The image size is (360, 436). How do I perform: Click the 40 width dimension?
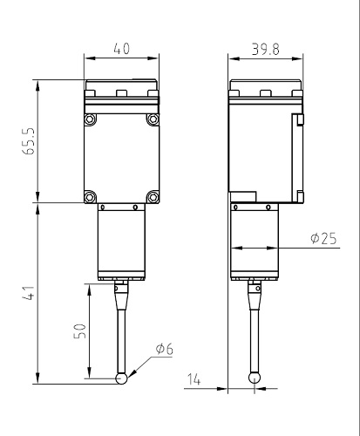pyautogui.click(x=123, y=50)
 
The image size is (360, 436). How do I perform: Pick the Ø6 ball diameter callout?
pyautogui.click(x=165, y=349)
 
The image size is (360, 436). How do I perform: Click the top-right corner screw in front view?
pyautogui.click(x=153, y=118)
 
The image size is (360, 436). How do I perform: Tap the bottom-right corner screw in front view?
pyautogui.click(x=153, y=195)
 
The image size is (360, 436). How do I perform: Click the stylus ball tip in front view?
pyautogui.click(x=122, y=378)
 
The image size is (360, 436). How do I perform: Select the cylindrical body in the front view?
pyautogui.click(x=122, y=244)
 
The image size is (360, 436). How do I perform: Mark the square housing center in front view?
pyautogui.click(x=122, y=157)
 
